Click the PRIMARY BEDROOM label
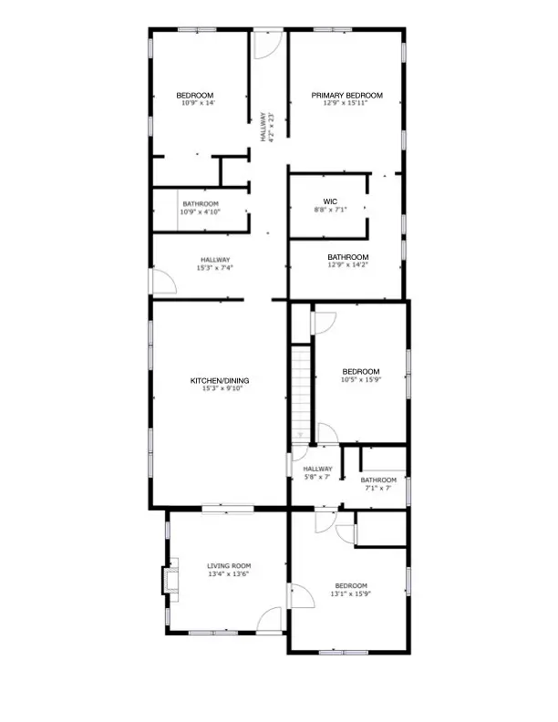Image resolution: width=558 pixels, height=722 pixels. tap(346, 95)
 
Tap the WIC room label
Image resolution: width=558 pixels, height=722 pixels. tap(330, 201)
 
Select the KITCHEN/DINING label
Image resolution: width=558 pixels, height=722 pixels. tap(219, 380)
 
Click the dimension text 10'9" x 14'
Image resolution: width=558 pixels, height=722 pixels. tap(195, 103)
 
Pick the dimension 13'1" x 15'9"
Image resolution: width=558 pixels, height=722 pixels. tap(350, 593)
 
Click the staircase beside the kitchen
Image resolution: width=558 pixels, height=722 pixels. tap(301, 392)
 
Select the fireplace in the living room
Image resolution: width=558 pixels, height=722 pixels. tap(170, 581)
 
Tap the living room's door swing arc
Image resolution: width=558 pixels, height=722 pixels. tap(270, 619)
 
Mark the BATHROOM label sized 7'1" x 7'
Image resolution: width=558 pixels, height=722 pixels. tap(378, 480)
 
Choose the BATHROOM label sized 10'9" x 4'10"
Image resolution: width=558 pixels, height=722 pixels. tap(201, 203)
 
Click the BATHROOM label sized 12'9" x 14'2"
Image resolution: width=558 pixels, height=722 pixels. tap(348, 257)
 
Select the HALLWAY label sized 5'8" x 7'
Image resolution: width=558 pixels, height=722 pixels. tap(318, 469)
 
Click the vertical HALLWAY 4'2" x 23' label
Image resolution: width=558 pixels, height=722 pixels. tap(263, 127)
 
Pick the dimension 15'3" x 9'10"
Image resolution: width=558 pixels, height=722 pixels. tap(219, 388)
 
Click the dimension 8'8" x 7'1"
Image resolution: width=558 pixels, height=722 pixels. tap(330, 209)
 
